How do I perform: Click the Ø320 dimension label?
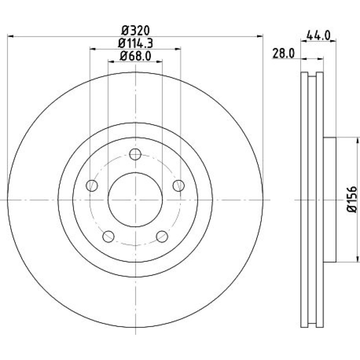(x=135, y=31)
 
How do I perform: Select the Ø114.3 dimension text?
(x=135, y=43)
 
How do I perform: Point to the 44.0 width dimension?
(x=319, y=36)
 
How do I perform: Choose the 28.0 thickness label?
(x=283, y=54)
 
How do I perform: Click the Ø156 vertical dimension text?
(x=352, y=199)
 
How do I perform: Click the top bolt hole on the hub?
(x=135, y=154)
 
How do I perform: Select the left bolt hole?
(x=92, y=185)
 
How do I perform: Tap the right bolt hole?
(x=179, y=185)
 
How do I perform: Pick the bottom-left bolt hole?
(x=108, y=237)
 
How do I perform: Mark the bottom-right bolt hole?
(x=162, y=237)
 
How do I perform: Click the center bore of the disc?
(x=135, y=200)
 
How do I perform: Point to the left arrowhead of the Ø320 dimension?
(x=10, y=36)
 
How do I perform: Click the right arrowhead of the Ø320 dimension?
(x=260, y=36)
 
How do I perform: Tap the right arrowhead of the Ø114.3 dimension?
(x=178, y=49)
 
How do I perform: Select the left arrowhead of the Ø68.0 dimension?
(x=111, y=62)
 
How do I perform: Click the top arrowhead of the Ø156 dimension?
(x=357, y=140)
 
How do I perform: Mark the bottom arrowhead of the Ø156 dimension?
(x=357, y=259)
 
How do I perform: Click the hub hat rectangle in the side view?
(x=330, y=200)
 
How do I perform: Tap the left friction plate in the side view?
(x=304, y=199)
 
